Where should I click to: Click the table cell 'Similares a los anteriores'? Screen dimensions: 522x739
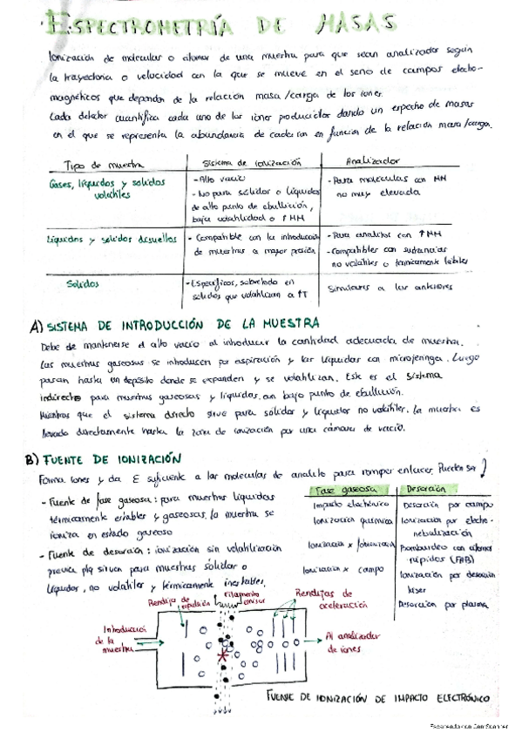point(381,286)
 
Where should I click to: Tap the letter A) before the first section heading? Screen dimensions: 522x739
point(36,327)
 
